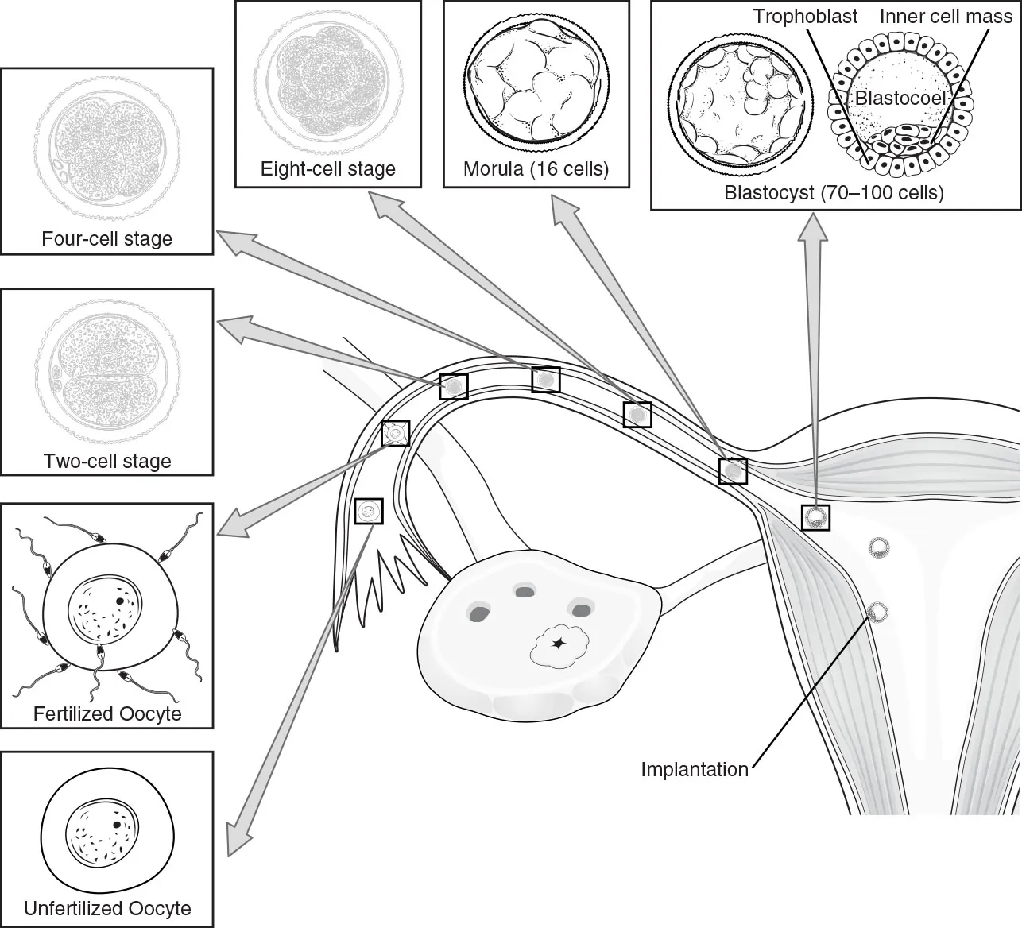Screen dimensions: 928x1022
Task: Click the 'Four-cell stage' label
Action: tap(106, 238)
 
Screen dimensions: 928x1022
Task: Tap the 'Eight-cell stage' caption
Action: tap(327, 168)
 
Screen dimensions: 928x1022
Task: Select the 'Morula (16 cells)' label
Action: tap(536, 168)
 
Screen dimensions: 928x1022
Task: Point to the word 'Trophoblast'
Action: tap(805, 16)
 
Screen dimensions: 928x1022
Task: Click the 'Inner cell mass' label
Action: tap(946, 16)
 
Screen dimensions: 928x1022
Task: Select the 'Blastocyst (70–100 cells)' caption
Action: tap(834, 192)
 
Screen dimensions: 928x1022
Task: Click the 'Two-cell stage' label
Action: tap(107, 461)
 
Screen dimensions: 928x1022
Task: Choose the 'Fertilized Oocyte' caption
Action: tap(107, 713)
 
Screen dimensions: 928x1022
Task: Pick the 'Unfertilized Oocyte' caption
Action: tap(107, 908)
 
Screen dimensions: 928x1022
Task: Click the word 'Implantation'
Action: tap(694, 769)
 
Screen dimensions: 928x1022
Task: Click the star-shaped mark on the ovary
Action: tap(559, 643)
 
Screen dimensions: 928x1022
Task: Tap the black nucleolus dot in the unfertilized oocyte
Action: tap(118, 825)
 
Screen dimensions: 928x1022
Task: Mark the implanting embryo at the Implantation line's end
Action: tap(877, 612)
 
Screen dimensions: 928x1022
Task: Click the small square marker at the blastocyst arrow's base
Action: tap(815, 518)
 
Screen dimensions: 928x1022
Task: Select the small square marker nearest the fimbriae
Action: tap(368, 512)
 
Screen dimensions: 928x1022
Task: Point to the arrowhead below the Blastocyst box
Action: tap(812, 226)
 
